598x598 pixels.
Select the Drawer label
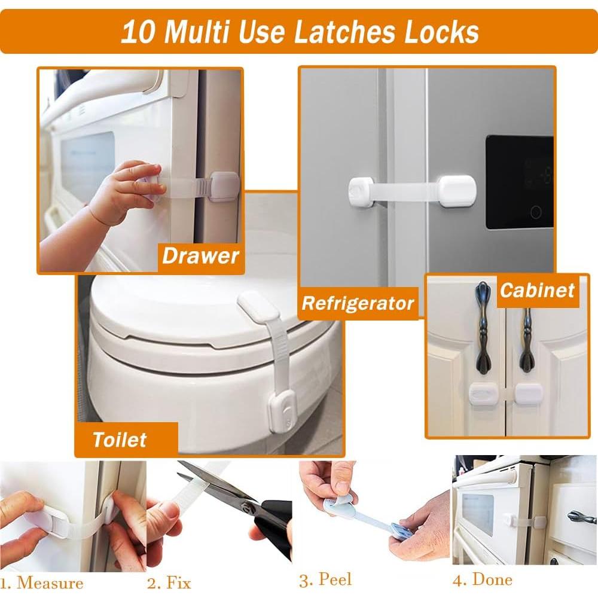200,257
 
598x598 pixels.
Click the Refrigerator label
358,303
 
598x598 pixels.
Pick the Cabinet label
537,291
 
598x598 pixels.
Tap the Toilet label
120,440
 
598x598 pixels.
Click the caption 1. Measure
42,582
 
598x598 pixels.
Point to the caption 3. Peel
325,579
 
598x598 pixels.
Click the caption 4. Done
483,579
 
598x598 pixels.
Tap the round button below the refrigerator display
536,212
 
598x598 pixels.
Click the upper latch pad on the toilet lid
258,307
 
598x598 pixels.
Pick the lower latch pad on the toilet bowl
279,413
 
